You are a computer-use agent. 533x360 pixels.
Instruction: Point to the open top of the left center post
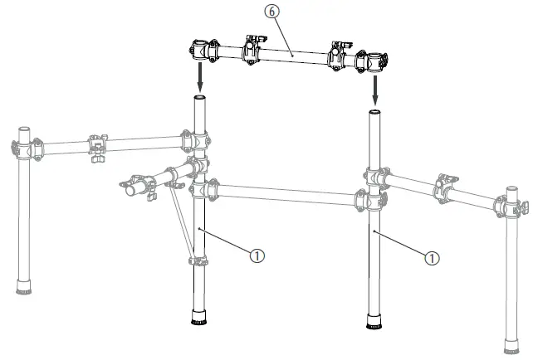[200, 99]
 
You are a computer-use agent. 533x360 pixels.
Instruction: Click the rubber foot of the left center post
[199, 318]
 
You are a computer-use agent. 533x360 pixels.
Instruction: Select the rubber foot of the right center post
[374, 320]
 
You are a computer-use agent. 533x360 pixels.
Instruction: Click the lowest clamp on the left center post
[198, 261]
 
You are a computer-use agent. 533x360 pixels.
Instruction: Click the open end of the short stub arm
[129, 189]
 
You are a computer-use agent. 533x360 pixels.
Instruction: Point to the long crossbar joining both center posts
[282, 193]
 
